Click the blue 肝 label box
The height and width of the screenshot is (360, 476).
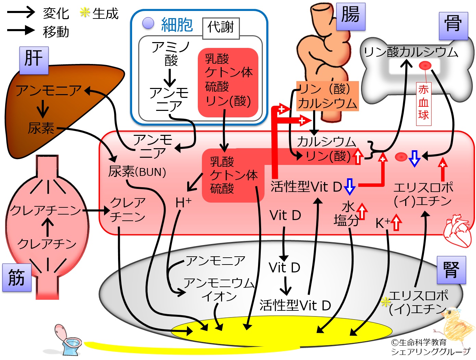tap(34, 60)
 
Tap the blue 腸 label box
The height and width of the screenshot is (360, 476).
tap(350, 16)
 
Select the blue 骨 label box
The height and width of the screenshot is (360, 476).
tap(453, 26)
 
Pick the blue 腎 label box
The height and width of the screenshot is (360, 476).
tap(451, 270)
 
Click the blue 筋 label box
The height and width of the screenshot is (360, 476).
tap(17, 278)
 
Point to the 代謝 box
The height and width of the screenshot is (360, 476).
tap(221, 28)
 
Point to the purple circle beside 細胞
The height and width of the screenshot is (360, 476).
tap(148, 23)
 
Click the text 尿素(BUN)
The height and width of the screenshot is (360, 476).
tap(137, 172)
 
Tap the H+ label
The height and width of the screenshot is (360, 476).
tap(183, 203)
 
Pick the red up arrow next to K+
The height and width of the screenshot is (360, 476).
tap(396, 222)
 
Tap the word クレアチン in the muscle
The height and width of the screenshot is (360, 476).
tap(47, 244)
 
